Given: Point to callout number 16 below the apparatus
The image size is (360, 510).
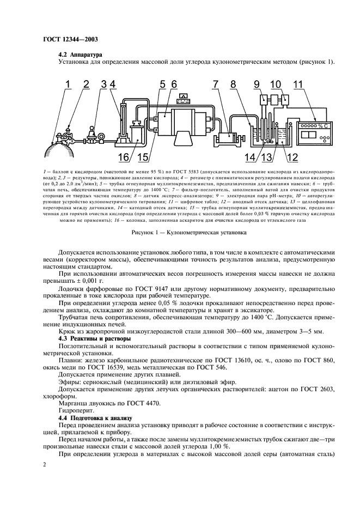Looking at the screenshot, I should tap(123, 157).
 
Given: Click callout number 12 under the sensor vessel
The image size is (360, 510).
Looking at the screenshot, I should tap(291, 157).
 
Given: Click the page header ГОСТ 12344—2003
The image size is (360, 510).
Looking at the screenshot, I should tap(67, 40).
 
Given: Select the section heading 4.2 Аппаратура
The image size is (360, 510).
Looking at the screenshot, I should tap(82, 54).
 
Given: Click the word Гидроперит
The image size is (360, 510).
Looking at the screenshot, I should tap(75, 408).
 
